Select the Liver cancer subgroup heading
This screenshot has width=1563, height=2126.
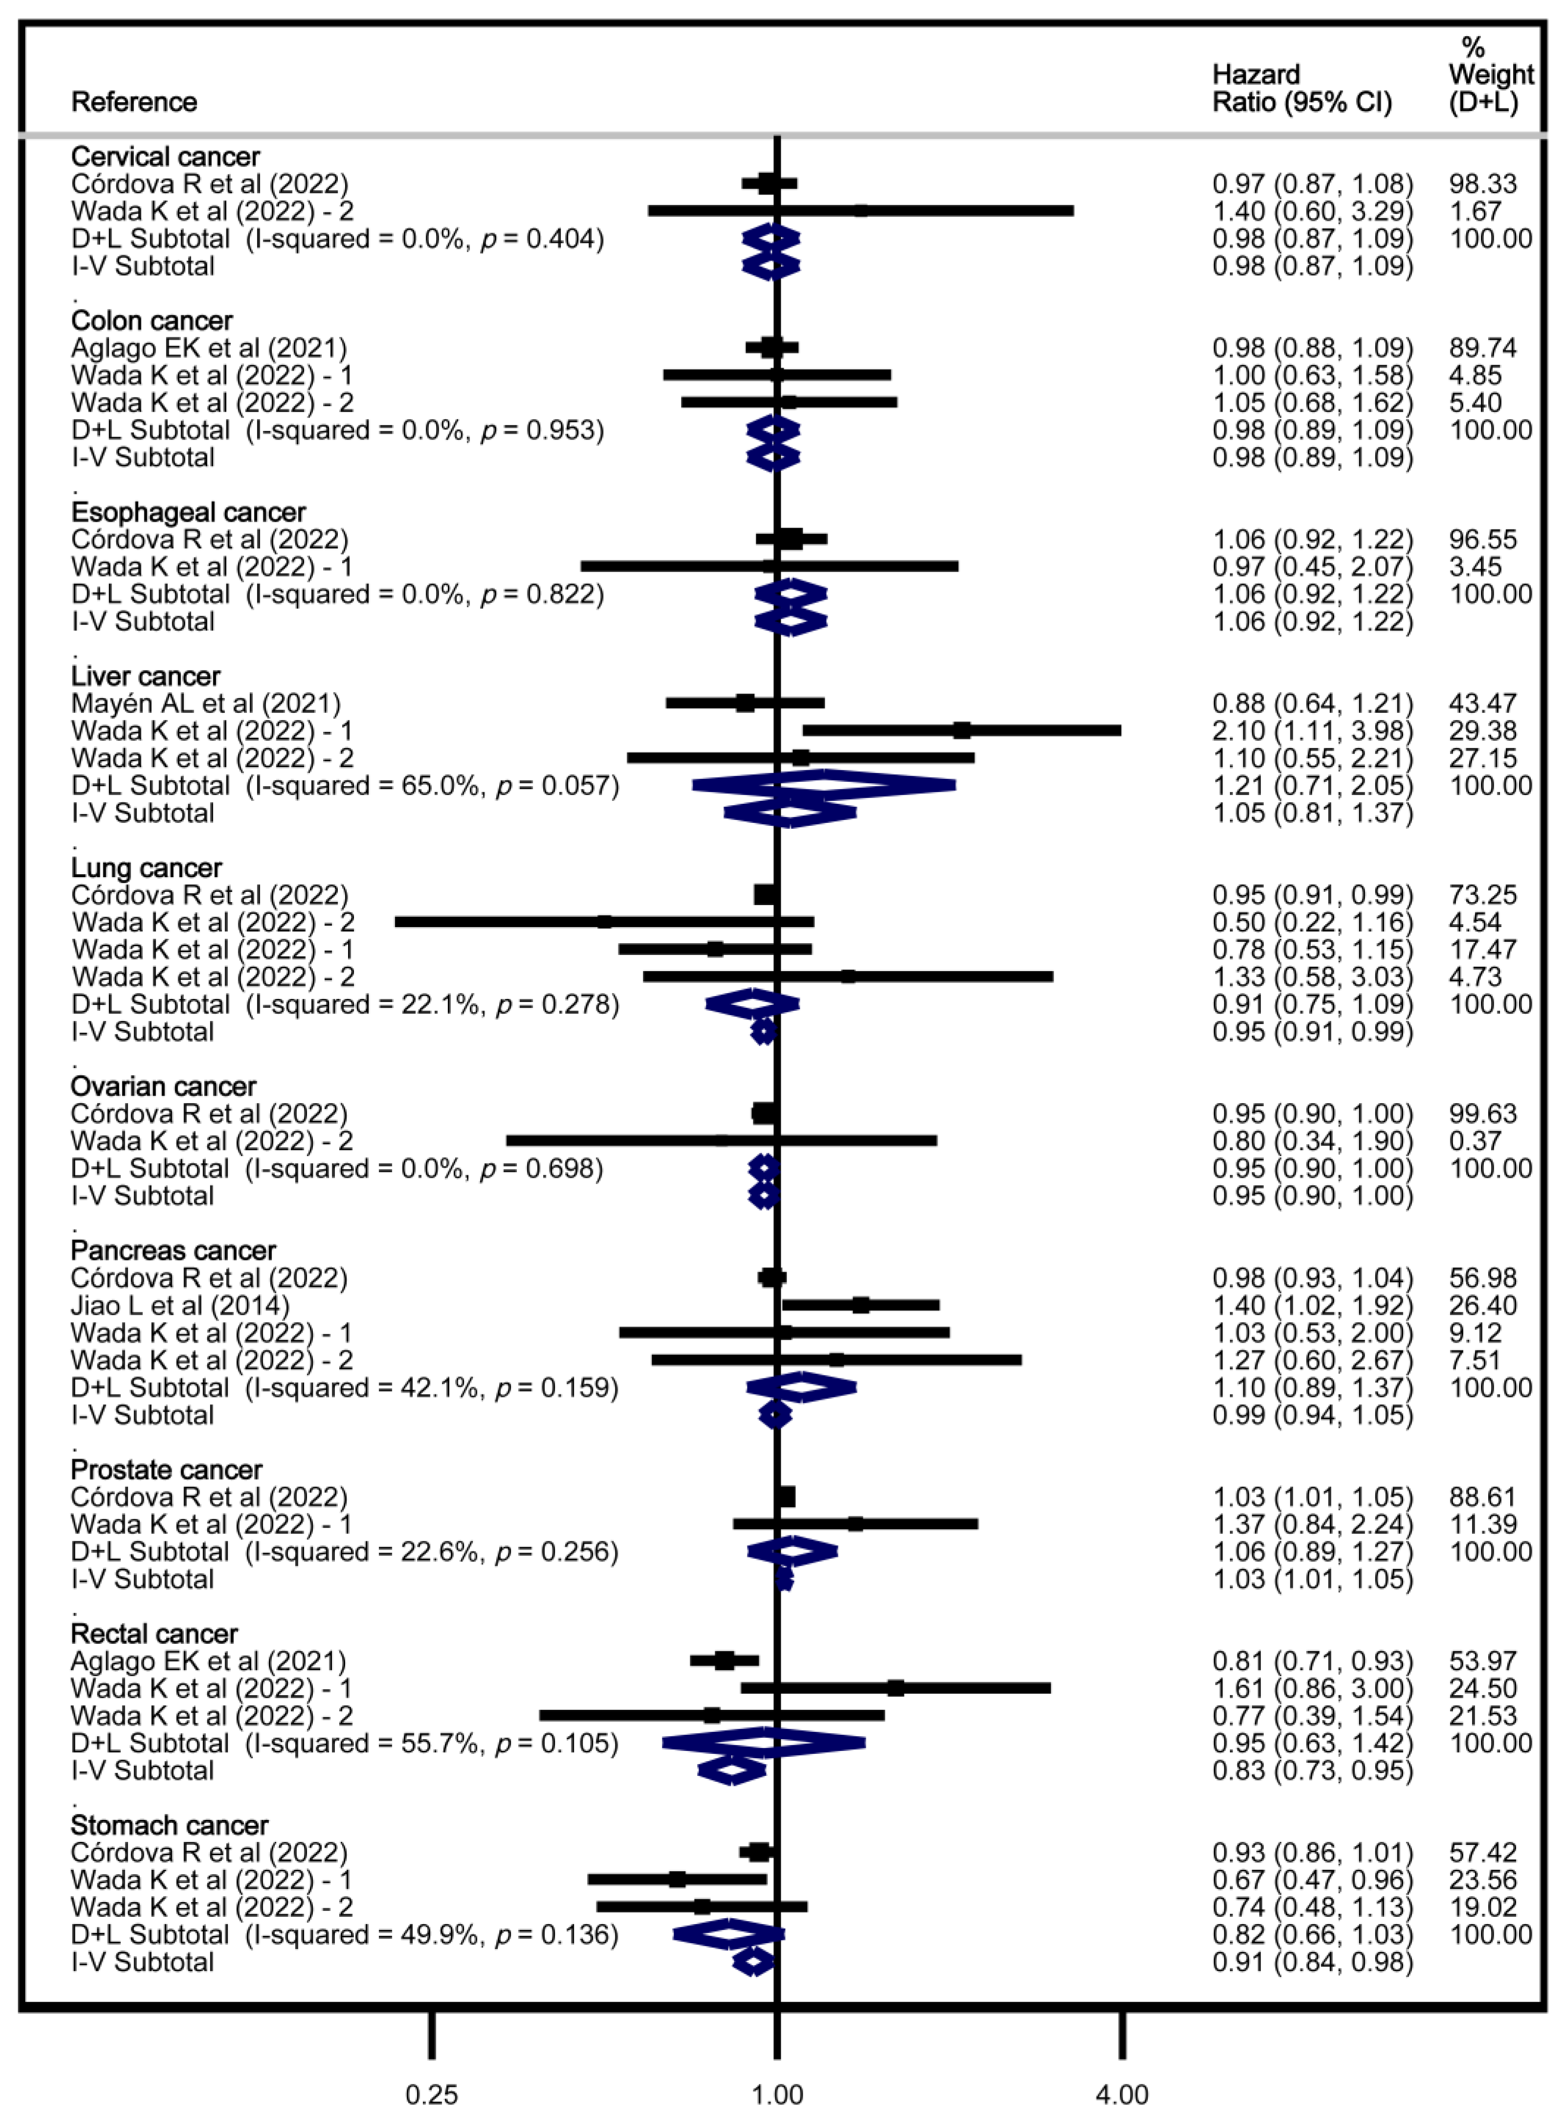pos(146,677)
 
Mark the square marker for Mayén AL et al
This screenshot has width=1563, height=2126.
pos(746,703)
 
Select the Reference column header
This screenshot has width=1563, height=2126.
pos(134,102)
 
